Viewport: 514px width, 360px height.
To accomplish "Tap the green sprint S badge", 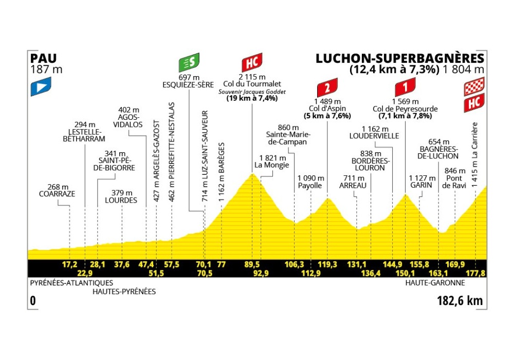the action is [x=189, y=63].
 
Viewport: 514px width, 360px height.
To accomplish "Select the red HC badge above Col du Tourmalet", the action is [x=252, y=63].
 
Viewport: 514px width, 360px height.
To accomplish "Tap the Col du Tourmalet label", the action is [x=252, y=84].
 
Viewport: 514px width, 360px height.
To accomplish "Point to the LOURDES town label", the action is [x=121, y=201].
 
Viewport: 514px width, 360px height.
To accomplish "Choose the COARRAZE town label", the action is [x=57, y=194].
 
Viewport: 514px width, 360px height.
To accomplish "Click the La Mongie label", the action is [x=272, y=166].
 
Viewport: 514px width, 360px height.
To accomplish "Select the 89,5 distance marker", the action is [x=252, y=265].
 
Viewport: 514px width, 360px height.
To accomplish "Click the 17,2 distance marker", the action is [x=69, y=265].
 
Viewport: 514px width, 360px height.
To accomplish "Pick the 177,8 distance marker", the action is [x=475, y=273].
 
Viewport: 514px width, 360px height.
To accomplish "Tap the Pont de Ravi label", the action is [x=454, y=182].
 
